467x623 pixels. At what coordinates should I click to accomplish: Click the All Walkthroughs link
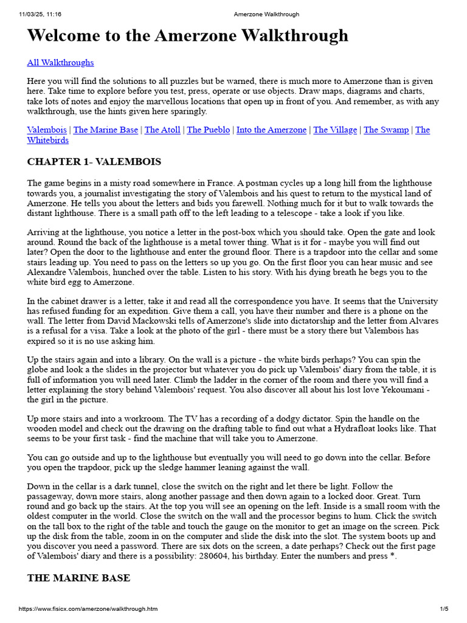point(60,62)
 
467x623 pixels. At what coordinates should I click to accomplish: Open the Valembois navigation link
point(47,130)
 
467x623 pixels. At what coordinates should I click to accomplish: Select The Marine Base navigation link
point(105,130)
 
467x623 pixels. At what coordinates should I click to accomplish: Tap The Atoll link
point(162,130)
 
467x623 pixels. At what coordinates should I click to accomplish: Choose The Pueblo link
point(209,130)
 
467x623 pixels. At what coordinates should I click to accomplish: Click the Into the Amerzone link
point(271,130)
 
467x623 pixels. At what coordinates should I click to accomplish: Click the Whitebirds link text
point(48,140)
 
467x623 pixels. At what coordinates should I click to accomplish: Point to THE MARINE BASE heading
point(78,577)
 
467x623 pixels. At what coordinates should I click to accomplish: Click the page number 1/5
point(444,609)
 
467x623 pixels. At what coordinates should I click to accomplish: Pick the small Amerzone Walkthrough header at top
point(266,14)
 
